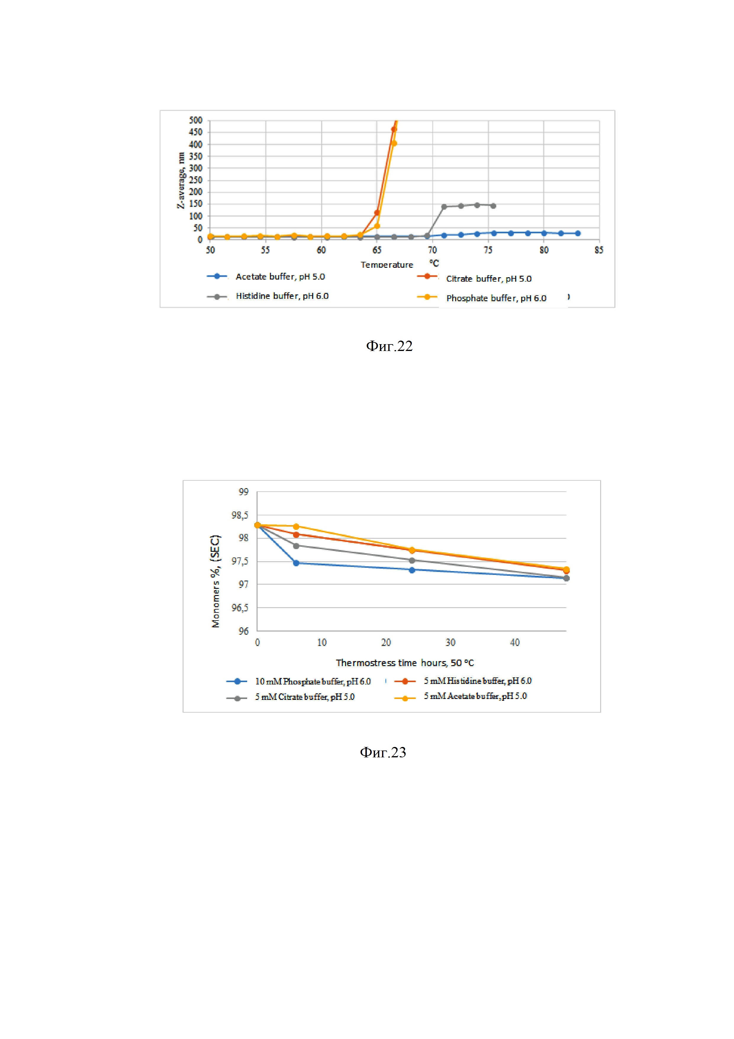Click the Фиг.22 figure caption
tap(389, 346)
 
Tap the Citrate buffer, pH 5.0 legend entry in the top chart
tap(488, 279)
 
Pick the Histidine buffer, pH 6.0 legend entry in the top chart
tap(282, 296)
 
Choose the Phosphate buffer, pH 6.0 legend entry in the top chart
tap(496, 298)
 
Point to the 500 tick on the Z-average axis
tap(195, 120)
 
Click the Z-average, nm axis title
tap(181, 180)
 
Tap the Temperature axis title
tap(387, 265)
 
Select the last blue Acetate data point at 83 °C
tap(577, 233)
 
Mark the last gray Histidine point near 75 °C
tap(493, 206)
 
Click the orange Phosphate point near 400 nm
tap(394, 143)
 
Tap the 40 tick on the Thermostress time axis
tap(515, 643)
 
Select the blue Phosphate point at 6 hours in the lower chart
tap(296, 563)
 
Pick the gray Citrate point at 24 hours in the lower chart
tap(412, 561)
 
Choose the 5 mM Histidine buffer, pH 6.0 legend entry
tap(477, 681)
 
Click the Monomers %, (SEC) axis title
tap(216, 581)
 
